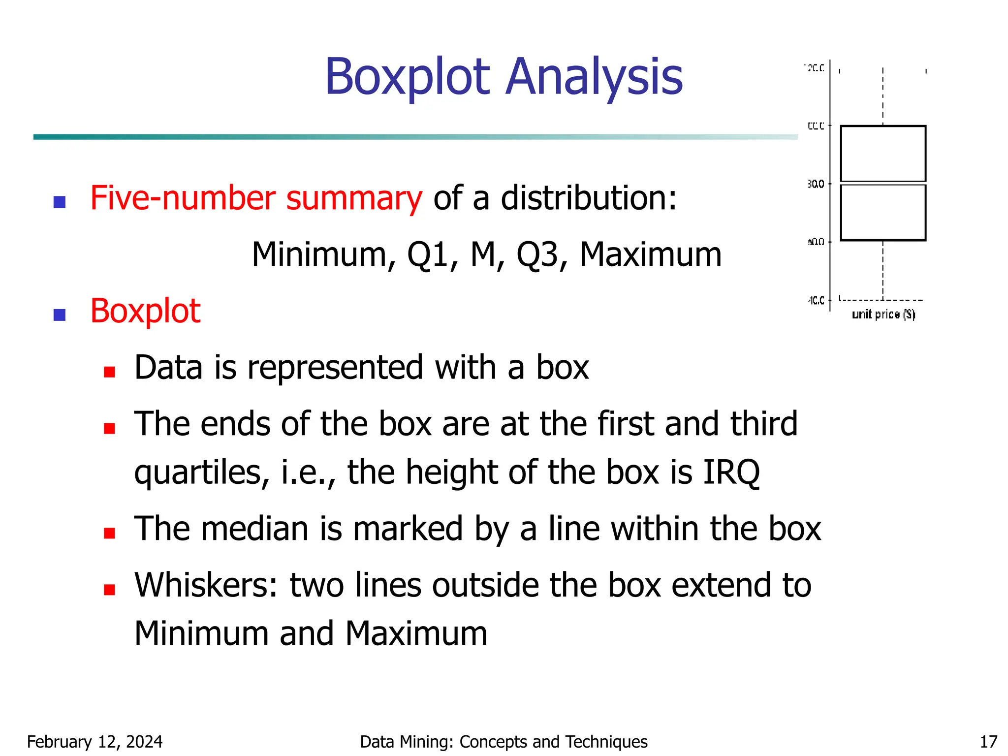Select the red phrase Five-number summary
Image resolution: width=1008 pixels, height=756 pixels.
(x=256, y=198)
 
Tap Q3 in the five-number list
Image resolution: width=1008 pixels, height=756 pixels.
(x=537, y=255)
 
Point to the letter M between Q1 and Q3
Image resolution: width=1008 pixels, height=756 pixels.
(x=483, y=254)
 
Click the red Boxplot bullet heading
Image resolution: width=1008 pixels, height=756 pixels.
(x=145, y=311)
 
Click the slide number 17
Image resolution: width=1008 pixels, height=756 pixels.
(x=988, y=742)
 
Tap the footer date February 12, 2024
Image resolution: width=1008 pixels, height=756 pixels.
(x=94, y=742)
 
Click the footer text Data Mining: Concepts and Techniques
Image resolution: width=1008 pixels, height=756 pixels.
(x=504, y=742)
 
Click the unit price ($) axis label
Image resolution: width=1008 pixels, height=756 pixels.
(x=883, y=314)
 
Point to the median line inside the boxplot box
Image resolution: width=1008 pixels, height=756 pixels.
(x=883, y=183)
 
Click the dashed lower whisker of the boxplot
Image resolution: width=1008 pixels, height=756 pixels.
(x=883, y=270)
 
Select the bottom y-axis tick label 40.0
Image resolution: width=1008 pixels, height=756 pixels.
(x=816, y=300)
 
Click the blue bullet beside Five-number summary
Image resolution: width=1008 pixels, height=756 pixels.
(x=60, y=202)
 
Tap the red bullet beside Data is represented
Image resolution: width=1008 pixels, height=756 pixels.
(x=109, y=372)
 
